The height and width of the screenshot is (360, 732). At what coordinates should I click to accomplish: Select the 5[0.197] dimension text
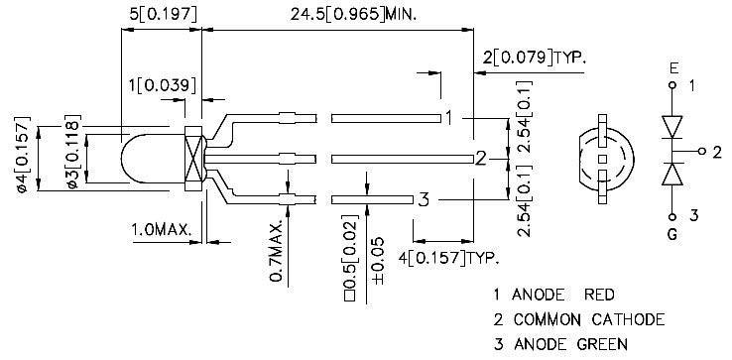pyautogui.click(x=159, y=15)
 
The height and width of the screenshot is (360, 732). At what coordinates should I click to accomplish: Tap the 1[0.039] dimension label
pyautogui.click(x=160, y=86)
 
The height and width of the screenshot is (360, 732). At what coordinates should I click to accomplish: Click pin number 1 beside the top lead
pyautogui.click(x=449, y=117)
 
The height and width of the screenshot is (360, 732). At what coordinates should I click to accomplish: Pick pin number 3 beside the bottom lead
pyautogui.click(x=423, y=199)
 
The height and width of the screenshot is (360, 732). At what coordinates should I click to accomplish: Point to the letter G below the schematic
pyautogui.click(x=673, y=237)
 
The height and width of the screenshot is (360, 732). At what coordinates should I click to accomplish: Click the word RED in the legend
pyautogui.click(x=597, y=295)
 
